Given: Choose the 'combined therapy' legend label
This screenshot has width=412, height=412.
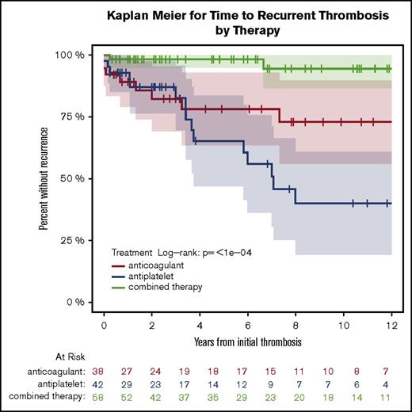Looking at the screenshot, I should pos(170,286).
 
